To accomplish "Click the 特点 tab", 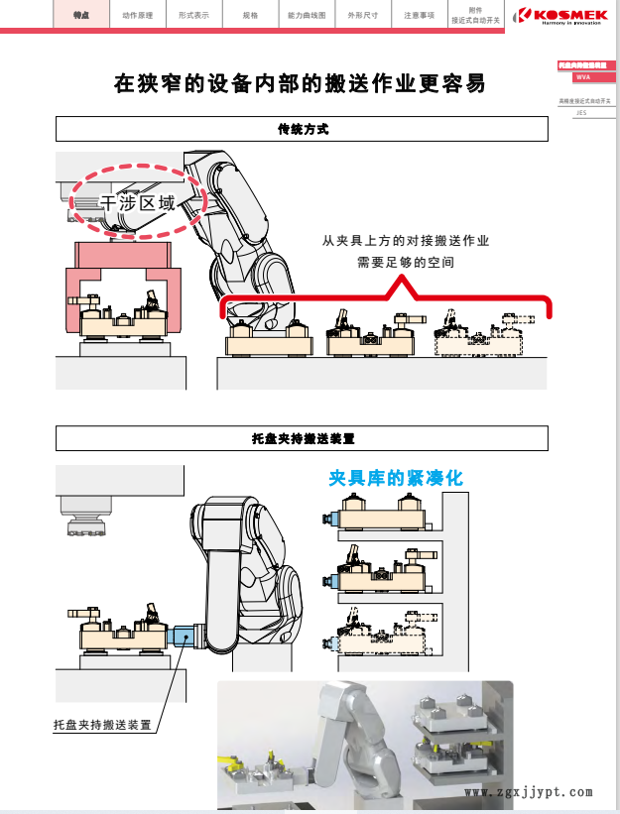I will pos(81,17).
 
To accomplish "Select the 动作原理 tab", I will pos(137,17).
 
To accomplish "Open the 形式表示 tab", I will pos(192,17).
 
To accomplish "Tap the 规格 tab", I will pos(249,17).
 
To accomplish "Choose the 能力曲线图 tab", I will pos(306,17).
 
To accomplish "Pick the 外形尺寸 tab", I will pos(362,17).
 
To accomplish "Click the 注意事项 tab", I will pos(419,17).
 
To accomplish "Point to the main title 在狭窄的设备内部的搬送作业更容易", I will pos(301,84).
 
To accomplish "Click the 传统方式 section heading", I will pos(302,130).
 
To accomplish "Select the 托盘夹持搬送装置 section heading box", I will pos(302,438).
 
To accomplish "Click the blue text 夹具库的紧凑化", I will pos(396,478).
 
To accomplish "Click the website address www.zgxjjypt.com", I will pos(528,792).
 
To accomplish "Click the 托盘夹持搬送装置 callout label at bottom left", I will pos(102,725).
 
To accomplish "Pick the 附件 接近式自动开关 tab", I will pos(475,16).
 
